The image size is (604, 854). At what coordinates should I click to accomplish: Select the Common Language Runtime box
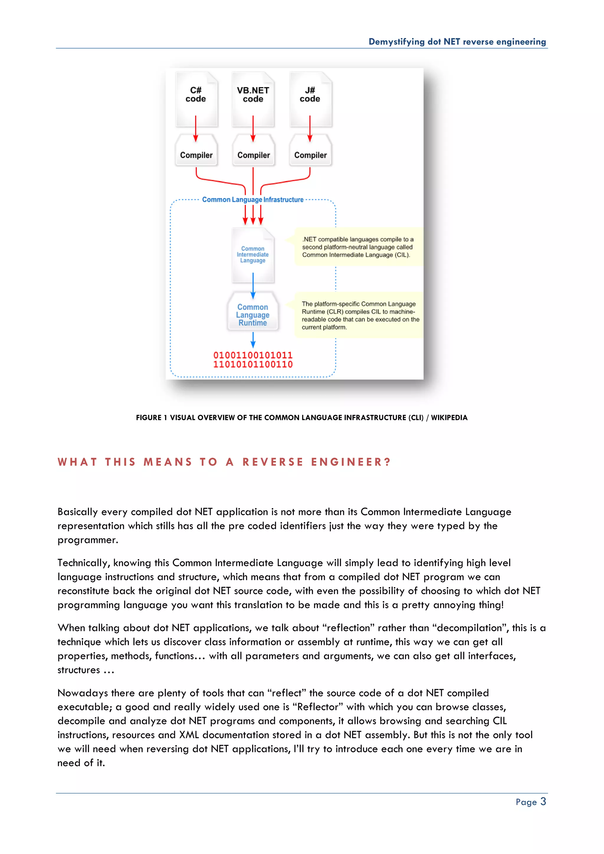click(x=253, y=314)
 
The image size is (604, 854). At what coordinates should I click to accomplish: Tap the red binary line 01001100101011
click(x=253, y=355)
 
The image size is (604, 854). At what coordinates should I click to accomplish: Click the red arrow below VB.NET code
click(x=253, y=128)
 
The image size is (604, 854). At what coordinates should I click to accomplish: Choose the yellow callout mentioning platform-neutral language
click(x=358, y=247)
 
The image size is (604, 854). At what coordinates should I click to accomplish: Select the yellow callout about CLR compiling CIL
click(x=359, y=316)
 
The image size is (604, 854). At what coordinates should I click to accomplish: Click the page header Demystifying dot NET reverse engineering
click(x=457, y=42)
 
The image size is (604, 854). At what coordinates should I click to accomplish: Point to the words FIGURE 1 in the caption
click(x=149, y=418)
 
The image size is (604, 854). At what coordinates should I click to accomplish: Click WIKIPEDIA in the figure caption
click(x=449, y=418)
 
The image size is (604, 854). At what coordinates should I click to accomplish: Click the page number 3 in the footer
click(x=543, y=802)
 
